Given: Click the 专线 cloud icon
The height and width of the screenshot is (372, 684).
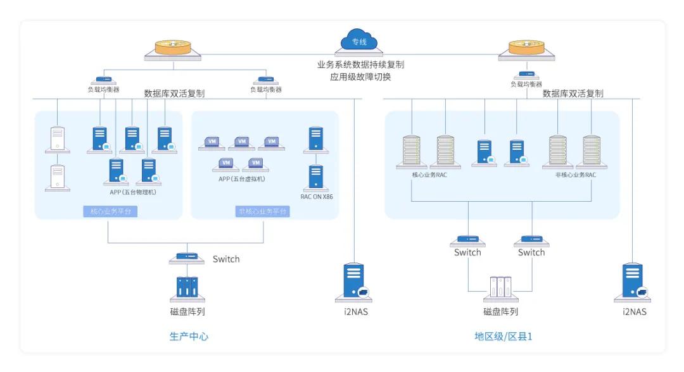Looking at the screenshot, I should (359, 40).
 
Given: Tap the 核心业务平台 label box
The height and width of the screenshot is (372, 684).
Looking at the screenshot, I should (110, 211).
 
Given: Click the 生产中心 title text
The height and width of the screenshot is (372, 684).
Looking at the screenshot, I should (189, 337).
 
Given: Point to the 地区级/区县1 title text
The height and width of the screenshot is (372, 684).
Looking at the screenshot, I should (504, 337).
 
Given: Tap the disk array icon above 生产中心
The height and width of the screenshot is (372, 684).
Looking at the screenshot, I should (187, 288).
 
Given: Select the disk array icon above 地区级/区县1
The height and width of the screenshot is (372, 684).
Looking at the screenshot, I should (500, 288).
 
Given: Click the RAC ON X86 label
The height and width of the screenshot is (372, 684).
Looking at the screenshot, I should (317, 197).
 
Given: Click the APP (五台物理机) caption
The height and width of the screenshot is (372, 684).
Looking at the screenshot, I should (133, 192).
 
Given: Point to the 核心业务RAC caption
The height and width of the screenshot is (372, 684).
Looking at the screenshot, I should (429, 175).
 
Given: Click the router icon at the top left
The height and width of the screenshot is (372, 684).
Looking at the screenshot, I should (172, 48).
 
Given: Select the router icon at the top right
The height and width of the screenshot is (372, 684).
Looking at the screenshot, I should (526, 48).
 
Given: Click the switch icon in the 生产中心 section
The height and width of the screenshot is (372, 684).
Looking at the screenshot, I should (187, 257).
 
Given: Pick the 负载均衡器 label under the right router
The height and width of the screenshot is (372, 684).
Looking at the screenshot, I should (526, 84).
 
